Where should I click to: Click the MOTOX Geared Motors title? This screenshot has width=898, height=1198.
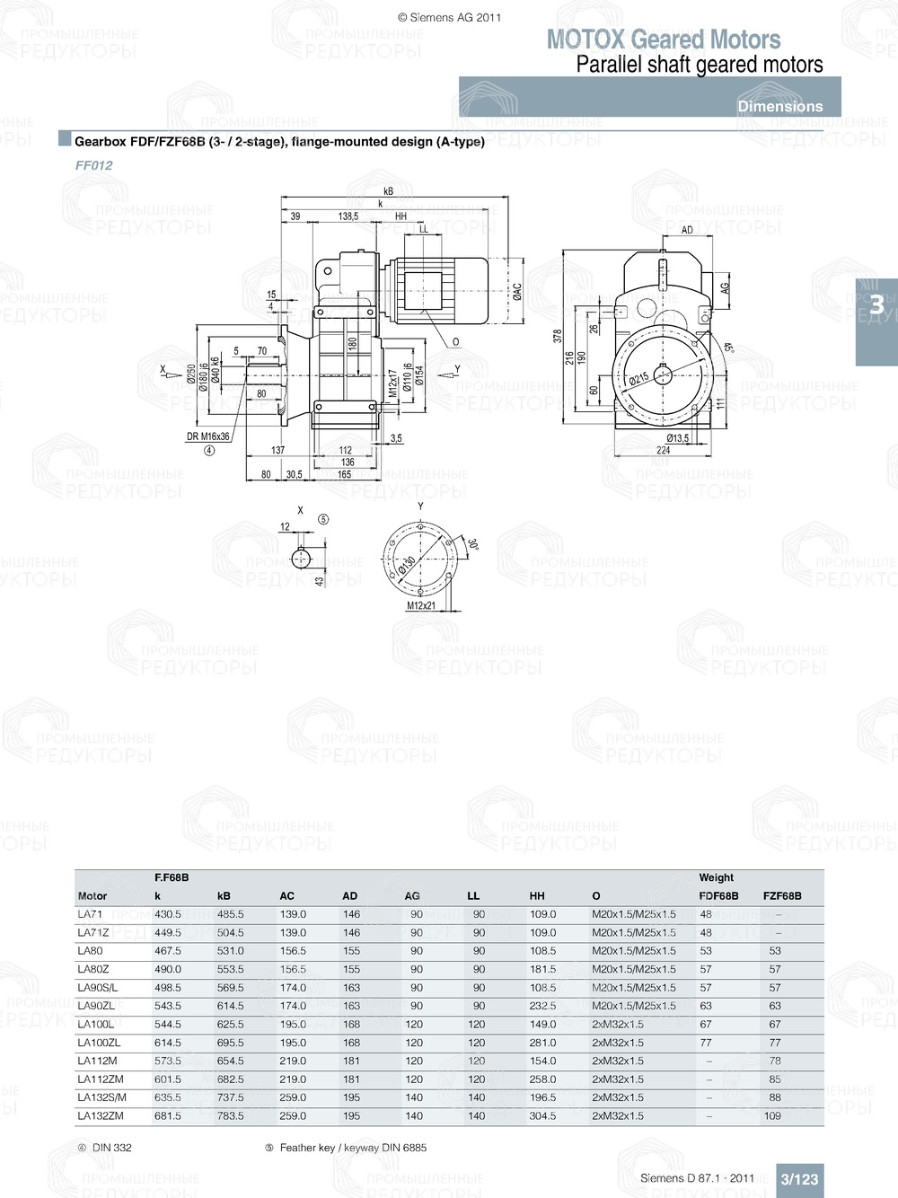(x=664, y=40)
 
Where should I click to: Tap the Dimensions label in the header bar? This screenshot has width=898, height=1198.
(x=779, y=106)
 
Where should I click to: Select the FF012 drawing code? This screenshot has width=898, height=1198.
(x=93, y=165)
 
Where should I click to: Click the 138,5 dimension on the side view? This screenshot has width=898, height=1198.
(x=348, y=216)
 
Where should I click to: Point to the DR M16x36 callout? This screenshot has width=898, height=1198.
(x=207, y=436)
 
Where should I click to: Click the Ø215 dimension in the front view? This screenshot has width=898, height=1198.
(x=638, y=379)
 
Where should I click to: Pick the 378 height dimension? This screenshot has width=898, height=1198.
(x=558, y=336)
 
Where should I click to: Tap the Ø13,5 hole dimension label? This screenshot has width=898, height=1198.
(x=678, y=438)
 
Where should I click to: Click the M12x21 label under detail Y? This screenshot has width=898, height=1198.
(x=421, y=605)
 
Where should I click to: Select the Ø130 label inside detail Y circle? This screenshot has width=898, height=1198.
(x=406, y=565)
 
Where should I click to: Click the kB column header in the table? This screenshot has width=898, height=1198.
(x=224, y=895)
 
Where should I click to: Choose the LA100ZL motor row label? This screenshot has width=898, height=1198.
(x=99, y=1043)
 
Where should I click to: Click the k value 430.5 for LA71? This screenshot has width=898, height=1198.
(x=168, y=914)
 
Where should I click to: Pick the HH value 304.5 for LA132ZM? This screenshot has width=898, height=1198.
(x=542, y=1115)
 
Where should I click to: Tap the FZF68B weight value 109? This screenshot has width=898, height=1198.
(x=772, y=1115)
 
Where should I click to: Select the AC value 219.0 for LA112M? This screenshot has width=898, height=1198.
(x=293, y=1061)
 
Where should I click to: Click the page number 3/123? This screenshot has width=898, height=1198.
(x=799, y=1179)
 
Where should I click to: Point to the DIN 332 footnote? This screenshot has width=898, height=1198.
(x=111, y=1148)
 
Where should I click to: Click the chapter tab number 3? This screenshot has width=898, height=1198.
(x=876, y=306)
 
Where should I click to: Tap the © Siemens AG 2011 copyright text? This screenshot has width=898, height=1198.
(x=449, y=17)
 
